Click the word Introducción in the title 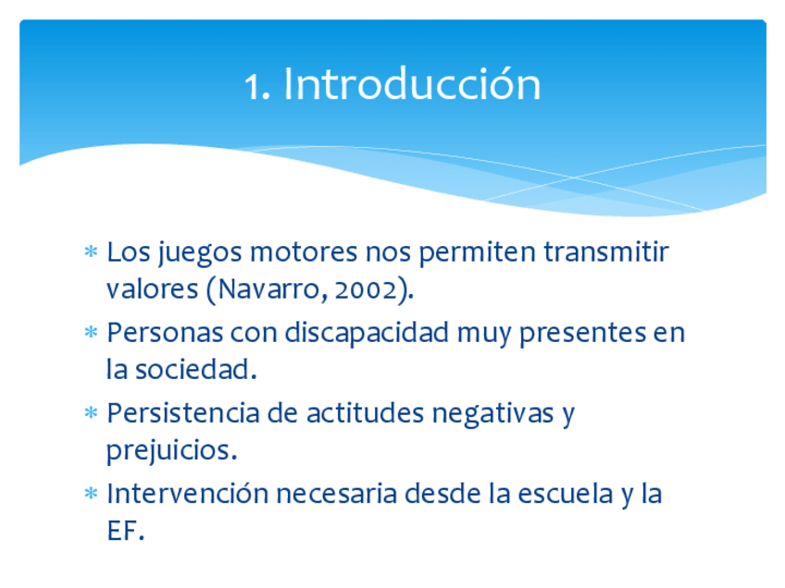pyautogui.click(x=413, y=83)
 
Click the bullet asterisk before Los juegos pyautogui.click(x=91, y=251)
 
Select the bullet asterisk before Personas pyautogui.click(x=91, y=332)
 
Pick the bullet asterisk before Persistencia pyautogui.click(x=91, y=412)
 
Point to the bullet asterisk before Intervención pyautogui.click(x=91, y=494)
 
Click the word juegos pyautogui.click(x=200, y=253)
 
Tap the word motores pyautogui.click(x=304, y=252)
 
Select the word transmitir pyautogui.click(x=606, y=251)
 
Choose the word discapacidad pyautogui.click(x=367, y=333)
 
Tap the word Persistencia pyautogui.click(x=182, y=413)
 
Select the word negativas pyautogui.click(x=492, y=414)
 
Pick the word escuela pyautogui.click(x=566, y=494)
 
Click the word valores pyautogui.click(x=152, y=289)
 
